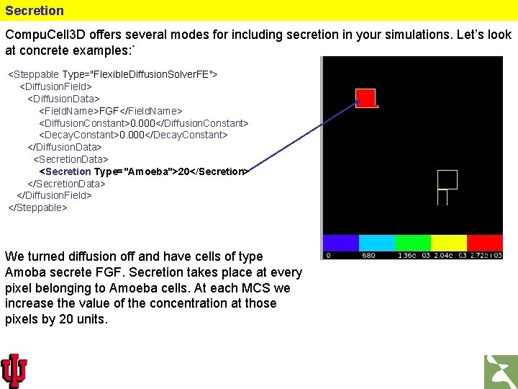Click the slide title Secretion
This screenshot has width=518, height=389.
pos(35,11)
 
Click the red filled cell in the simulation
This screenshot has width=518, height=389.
pos(366,98)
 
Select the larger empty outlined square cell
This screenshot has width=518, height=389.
pos(447,179)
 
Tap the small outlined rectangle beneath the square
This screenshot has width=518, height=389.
pos(442,197)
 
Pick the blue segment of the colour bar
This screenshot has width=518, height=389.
pos(340,243)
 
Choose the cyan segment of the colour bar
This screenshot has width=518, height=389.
pos(376,243)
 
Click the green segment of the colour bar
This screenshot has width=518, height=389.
pos(412,243)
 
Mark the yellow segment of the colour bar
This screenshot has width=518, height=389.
pos(448,243)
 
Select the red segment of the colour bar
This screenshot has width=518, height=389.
pos(485,243)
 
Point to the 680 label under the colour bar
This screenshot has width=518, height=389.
pos(368,255)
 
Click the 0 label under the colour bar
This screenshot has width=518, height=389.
pos(328,255)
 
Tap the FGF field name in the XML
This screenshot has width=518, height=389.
pos(109,111)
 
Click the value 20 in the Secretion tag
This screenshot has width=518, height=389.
pos(183,171)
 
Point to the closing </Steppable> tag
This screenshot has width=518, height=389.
pos(37,207)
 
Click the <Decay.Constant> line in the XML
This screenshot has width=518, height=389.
pos(133,135)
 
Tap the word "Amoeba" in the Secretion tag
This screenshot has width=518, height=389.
pos(150,171)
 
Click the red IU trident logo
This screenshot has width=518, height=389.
pos(14,370)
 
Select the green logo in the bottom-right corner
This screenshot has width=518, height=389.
pos(500,371)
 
